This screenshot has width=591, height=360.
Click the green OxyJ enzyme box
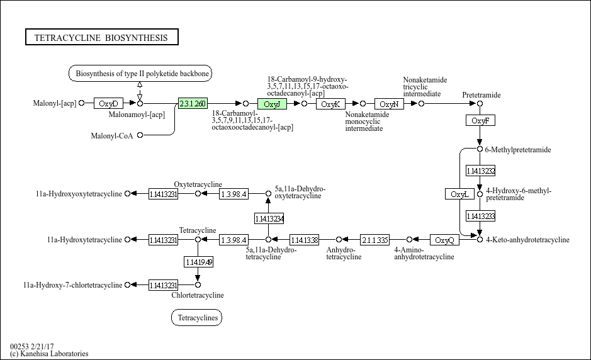(x=272, y=104)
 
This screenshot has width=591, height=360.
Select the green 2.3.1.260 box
(x=193, y=104)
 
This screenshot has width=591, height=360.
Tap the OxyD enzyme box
(x=109, y=104)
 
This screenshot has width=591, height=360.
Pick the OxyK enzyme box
(x=330, y=104)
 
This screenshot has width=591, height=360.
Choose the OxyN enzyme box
(x=389, y=104)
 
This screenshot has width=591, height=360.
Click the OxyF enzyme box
(x=480, y=120)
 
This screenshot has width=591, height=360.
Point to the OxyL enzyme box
(x=459, y=194)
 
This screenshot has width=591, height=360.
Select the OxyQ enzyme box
(x=445, y=240)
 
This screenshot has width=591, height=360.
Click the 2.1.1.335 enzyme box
(x=374, y=240)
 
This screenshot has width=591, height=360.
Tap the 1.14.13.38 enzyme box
(x=304, y=240)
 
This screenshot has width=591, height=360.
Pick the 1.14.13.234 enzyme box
(x=269, y=218)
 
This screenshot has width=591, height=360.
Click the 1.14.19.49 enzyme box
(x=198, y=261)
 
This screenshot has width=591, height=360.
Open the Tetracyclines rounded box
(x=196, y=318)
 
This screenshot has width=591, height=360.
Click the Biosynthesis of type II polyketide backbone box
(x=140, y=74)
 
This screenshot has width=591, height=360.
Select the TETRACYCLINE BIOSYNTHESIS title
(x=101, y=38)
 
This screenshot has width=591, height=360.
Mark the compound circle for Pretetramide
(x=480, y=103)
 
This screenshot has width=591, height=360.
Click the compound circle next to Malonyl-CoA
(x=140, y=135)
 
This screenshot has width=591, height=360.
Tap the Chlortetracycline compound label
(x=198, y=295)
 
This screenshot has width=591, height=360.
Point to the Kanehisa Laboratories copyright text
(x=49, y=354)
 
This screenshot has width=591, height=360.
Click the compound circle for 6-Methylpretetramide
(x=480, y=150)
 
